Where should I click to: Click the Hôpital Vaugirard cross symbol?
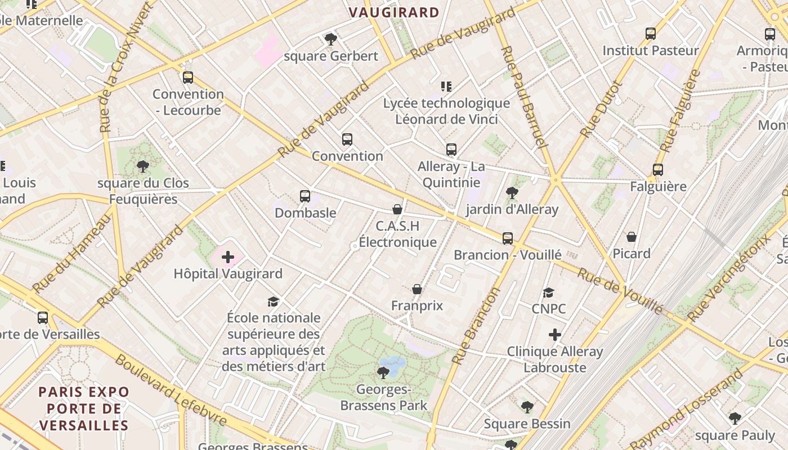tap(228, 258)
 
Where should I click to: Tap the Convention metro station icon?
tap(347, 139)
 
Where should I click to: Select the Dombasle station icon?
tap(305, 196)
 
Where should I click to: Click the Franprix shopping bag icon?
tap(417, 289)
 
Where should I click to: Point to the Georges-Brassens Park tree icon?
tap(383, 372)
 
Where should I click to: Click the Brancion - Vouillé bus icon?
tap(508, 238)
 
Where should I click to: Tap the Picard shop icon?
tap(632, 237)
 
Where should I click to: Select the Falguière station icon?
tap(658, 169)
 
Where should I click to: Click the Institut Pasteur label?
tap(650, 51)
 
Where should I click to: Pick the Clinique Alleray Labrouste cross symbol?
tap(555, 335)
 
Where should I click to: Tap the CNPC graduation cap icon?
tap(549, 292)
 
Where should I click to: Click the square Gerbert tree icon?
tap(331, 39)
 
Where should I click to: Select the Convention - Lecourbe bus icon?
tap(188, 77)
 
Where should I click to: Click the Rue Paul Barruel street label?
tap(524, 97)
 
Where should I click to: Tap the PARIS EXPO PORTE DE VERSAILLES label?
tap(84, 408)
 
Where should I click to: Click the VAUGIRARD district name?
tap(394, 12)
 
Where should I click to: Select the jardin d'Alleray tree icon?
tap(512, 193)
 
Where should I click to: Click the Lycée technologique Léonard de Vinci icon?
tap(446, 86)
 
